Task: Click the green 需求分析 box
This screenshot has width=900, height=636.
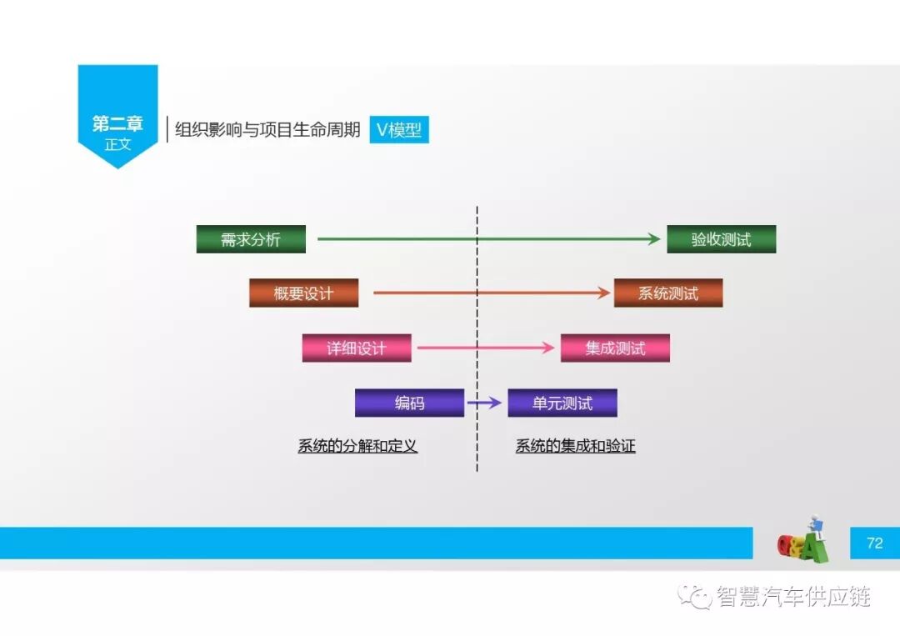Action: (x=251, y=239)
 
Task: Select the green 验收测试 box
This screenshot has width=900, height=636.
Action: (x=721, y=239)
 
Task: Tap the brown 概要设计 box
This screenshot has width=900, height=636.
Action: (x=303, y=293)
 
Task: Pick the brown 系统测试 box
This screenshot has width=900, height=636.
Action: (x=667, y=293)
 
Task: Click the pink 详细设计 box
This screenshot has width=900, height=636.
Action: (x=357, y=348)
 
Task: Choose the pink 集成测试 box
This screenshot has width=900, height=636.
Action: (x=615, y=348)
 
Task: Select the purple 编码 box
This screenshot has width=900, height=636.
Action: (x=409, y=403)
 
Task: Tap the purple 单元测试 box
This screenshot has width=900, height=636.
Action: (x=562, y=403)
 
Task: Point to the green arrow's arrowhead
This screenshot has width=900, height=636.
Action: (x=655, y=239)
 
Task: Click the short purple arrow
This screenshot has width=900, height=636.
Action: (x=485, y=403)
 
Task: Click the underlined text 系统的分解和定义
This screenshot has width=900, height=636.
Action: (x=357, y=446)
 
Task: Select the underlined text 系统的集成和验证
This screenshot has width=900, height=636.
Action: (x=575, y=446)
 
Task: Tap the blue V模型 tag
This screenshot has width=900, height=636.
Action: (x=399, y=130)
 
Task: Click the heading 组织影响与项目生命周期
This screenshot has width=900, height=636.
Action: (x=267, y=130)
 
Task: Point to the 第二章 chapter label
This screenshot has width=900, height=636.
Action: (x=117, y=124)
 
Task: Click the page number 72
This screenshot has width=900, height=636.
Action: (x=874, y=543)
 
